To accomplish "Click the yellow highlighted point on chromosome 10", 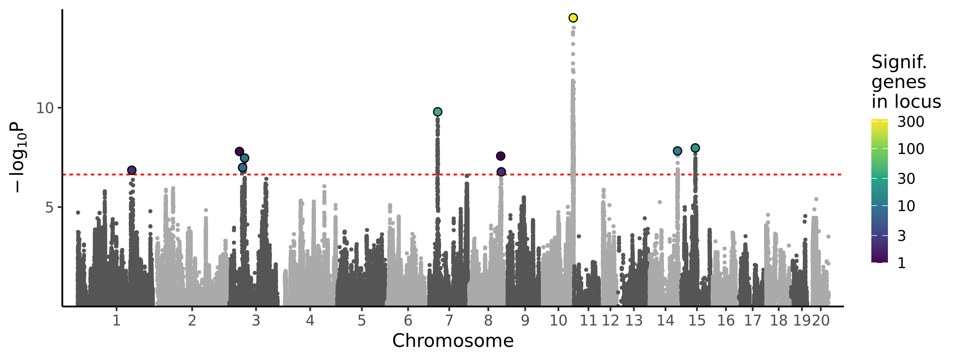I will tap(573, 18).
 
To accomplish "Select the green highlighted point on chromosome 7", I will tap(438, 112).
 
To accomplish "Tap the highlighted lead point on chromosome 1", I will tap(132, 170).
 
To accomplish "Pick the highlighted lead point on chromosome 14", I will tap(677, 151).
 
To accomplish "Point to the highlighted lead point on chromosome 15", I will tap(695, 148).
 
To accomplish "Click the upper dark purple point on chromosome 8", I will tap(500, 156).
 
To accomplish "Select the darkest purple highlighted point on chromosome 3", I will tap(239, 151).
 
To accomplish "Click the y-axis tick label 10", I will tap(44, 108).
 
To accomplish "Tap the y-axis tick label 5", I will tap(49, 207).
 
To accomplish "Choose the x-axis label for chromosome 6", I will tap(408, 320).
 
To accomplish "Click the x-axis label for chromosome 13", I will tap(634, 320).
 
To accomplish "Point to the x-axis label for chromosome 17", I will tap(752, 320).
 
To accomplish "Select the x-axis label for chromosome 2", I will tap(192, 320).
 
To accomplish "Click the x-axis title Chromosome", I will tap(453, 341).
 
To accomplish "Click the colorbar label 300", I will tap(911, 122).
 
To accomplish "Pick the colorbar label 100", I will tap(911, 149).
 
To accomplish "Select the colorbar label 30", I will tap(906, 179).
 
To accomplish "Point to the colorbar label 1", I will tap(902, 263).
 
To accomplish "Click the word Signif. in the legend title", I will tap(899, 62).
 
